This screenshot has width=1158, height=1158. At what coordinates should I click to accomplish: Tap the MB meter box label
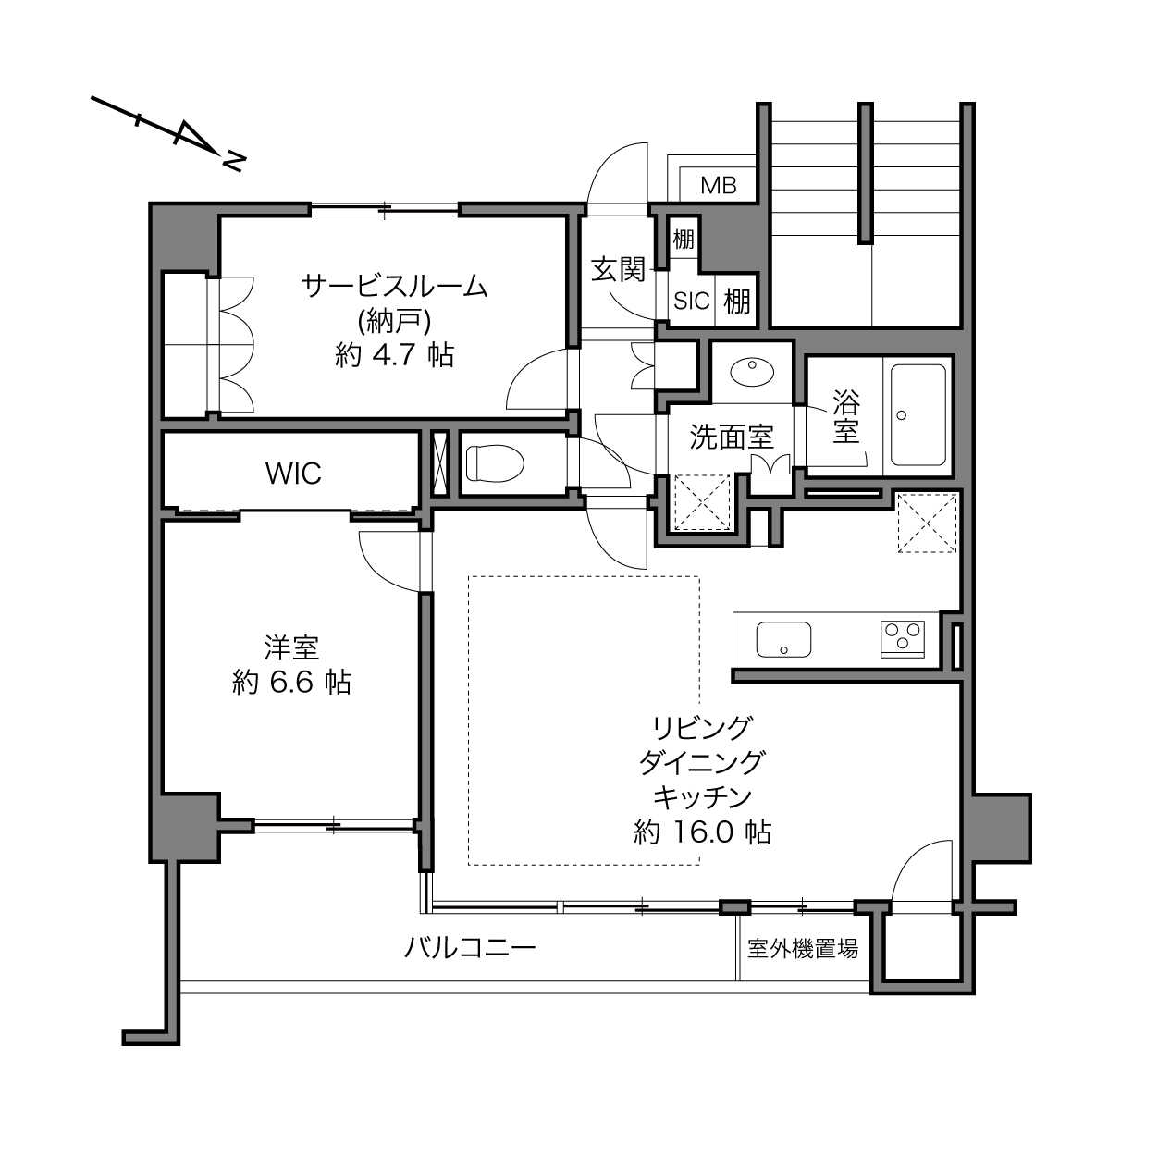click(718, 186)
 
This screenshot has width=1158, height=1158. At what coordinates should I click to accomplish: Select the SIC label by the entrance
click(691, 301)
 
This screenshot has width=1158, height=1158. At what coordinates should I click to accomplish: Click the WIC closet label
click(293, 473)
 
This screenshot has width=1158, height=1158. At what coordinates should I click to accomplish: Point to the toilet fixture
click(495, 463)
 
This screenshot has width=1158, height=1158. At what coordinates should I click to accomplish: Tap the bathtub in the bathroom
click(918, 414)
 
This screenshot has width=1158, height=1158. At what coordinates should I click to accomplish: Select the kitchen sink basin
click(783, 639)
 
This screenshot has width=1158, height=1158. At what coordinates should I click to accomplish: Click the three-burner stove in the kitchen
click(902, 639)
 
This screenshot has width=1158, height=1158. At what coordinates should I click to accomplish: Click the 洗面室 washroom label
click(732, 437)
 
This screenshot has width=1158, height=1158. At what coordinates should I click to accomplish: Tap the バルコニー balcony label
click(469, 948)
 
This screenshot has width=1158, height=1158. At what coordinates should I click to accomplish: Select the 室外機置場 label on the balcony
click(803, 948)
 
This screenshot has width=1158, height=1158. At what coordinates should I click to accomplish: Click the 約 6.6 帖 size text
click(291, 683)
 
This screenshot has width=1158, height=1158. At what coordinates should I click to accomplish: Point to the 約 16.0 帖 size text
click(702, 832)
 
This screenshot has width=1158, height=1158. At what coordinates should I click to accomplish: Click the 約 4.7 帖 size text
click(394, 354)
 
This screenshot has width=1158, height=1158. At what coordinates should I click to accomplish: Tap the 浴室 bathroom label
click(846, 416)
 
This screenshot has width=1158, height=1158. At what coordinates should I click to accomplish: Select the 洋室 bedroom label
click(291, 647)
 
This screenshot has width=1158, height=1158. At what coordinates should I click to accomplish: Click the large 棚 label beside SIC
click(737, 301)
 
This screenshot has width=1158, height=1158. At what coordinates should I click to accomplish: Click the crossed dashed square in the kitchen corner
click(928, 523)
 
